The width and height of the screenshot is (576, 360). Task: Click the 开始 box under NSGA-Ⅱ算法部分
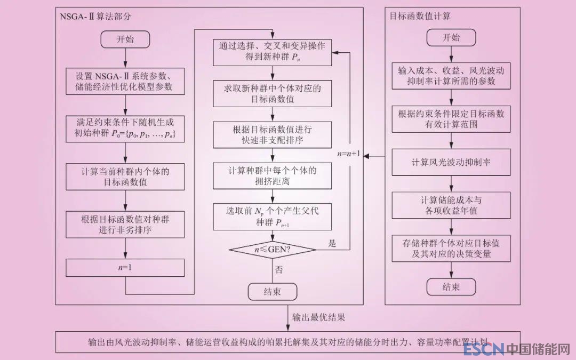125,39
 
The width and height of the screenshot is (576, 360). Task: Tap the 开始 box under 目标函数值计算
451,38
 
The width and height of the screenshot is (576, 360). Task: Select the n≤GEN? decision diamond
272,249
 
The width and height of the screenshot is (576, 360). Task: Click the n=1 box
125,268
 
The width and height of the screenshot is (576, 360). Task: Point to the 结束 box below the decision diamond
272,291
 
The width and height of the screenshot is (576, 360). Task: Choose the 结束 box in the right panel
451,287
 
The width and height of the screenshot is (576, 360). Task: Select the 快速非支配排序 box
272,135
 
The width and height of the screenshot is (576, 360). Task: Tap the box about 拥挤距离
272,176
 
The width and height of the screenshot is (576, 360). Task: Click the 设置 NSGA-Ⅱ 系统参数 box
125,81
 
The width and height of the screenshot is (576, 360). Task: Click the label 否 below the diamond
279,269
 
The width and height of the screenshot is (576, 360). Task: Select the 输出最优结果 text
318,317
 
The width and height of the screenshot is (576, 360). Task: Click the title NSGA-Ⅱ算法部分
97,16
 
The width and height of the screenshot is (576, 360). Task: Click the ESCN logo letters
484,350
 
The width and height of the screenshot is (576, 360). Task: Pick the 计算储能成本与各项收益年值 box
451,205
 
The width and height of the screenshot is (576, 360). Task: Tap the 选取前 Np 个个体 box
272,216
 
